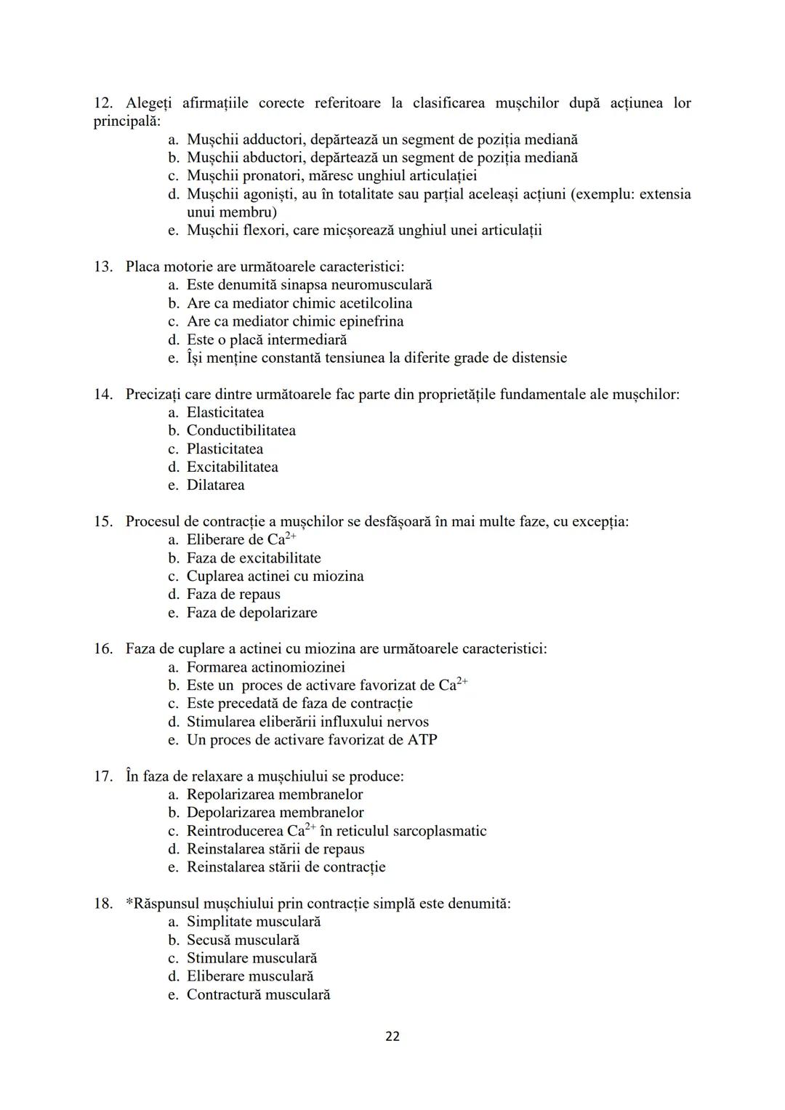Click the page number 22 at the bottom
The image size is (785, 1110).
(x=392, y=1037)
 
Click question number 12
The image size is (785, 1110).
(x=102, y=103)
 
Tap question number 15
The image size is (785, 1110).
(x=102, y=522)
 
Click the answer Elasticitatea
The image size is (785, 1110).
(x=225, y=413)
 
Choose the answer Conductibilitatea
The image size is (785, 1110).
(x=241, y=431)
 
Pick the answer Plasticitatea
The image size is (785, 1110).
(x=225, y=449)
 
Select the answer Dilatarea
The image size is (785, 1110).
(x=215, y=486)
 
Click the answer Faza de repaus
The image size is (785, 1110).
(x=233, y=595)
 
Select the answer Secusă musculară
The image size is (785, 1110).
(x=243, y=941)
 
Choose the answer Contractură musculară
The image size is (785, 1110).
(x=258, y=995)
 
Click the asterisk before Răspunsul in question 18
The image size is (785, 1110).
(x=129, y=902)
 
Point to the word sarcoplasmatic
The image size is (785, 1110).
(x=439, y=832)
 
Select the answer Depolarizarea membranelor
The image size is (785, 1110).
(x=275, y=813)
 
